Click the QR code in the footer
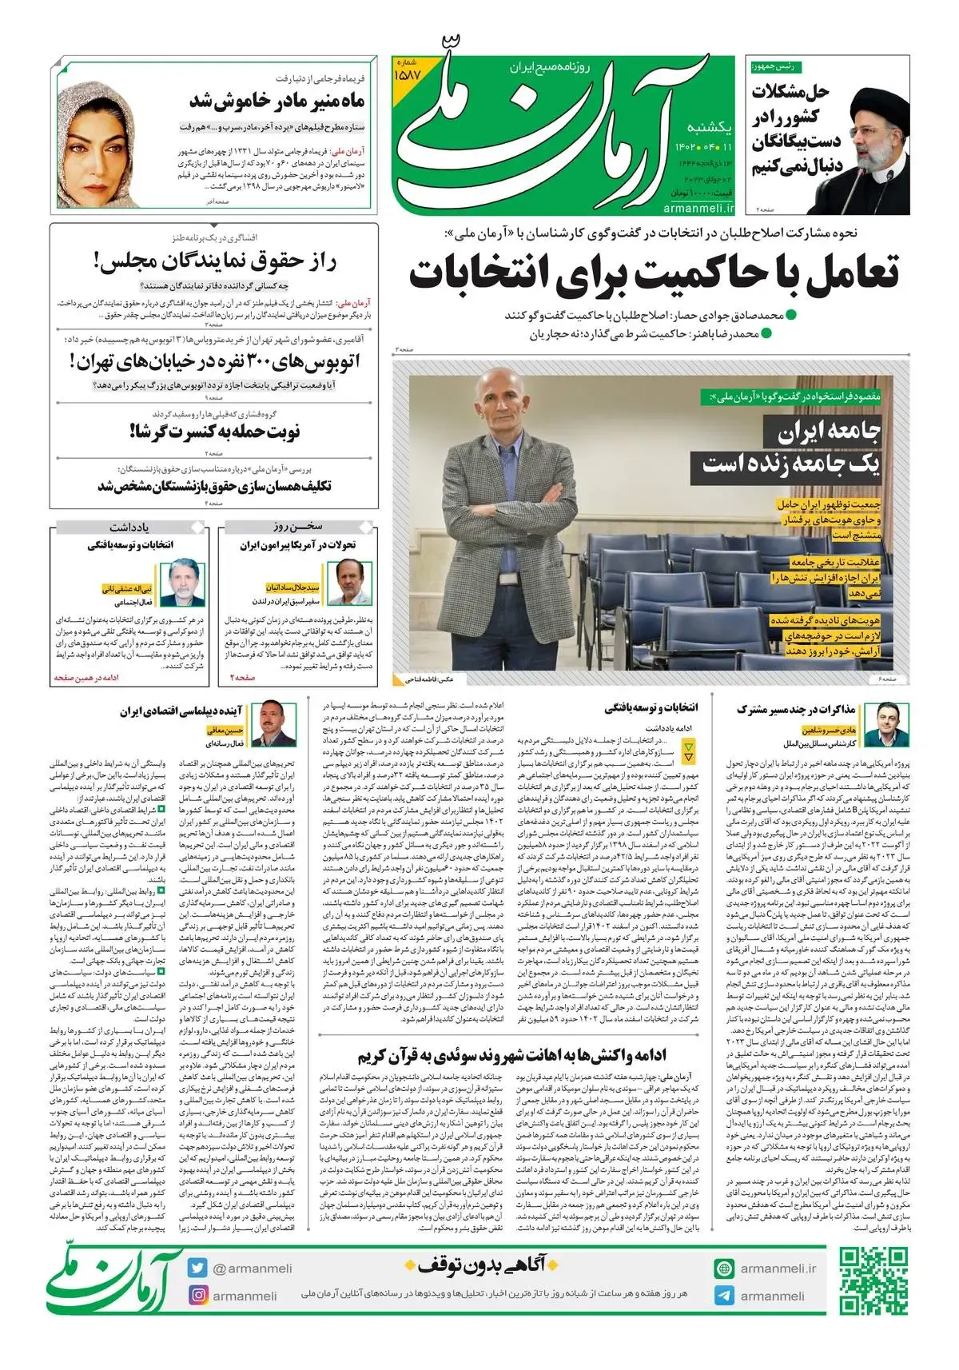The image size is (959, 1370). tap(873, 1281)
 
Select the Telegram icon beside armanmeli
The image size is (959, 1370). tap(724, 1296)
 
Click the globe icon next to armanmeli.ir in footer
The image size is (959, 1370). tap(724, 1268)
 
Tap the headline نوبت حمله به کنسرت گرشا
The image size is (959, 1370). tap(214, 432)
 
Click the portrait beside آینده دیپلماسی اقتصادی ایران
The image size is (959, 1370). tap(273, 723)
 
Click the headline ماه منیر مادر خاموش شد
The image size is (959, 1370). tap(277, 101)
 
